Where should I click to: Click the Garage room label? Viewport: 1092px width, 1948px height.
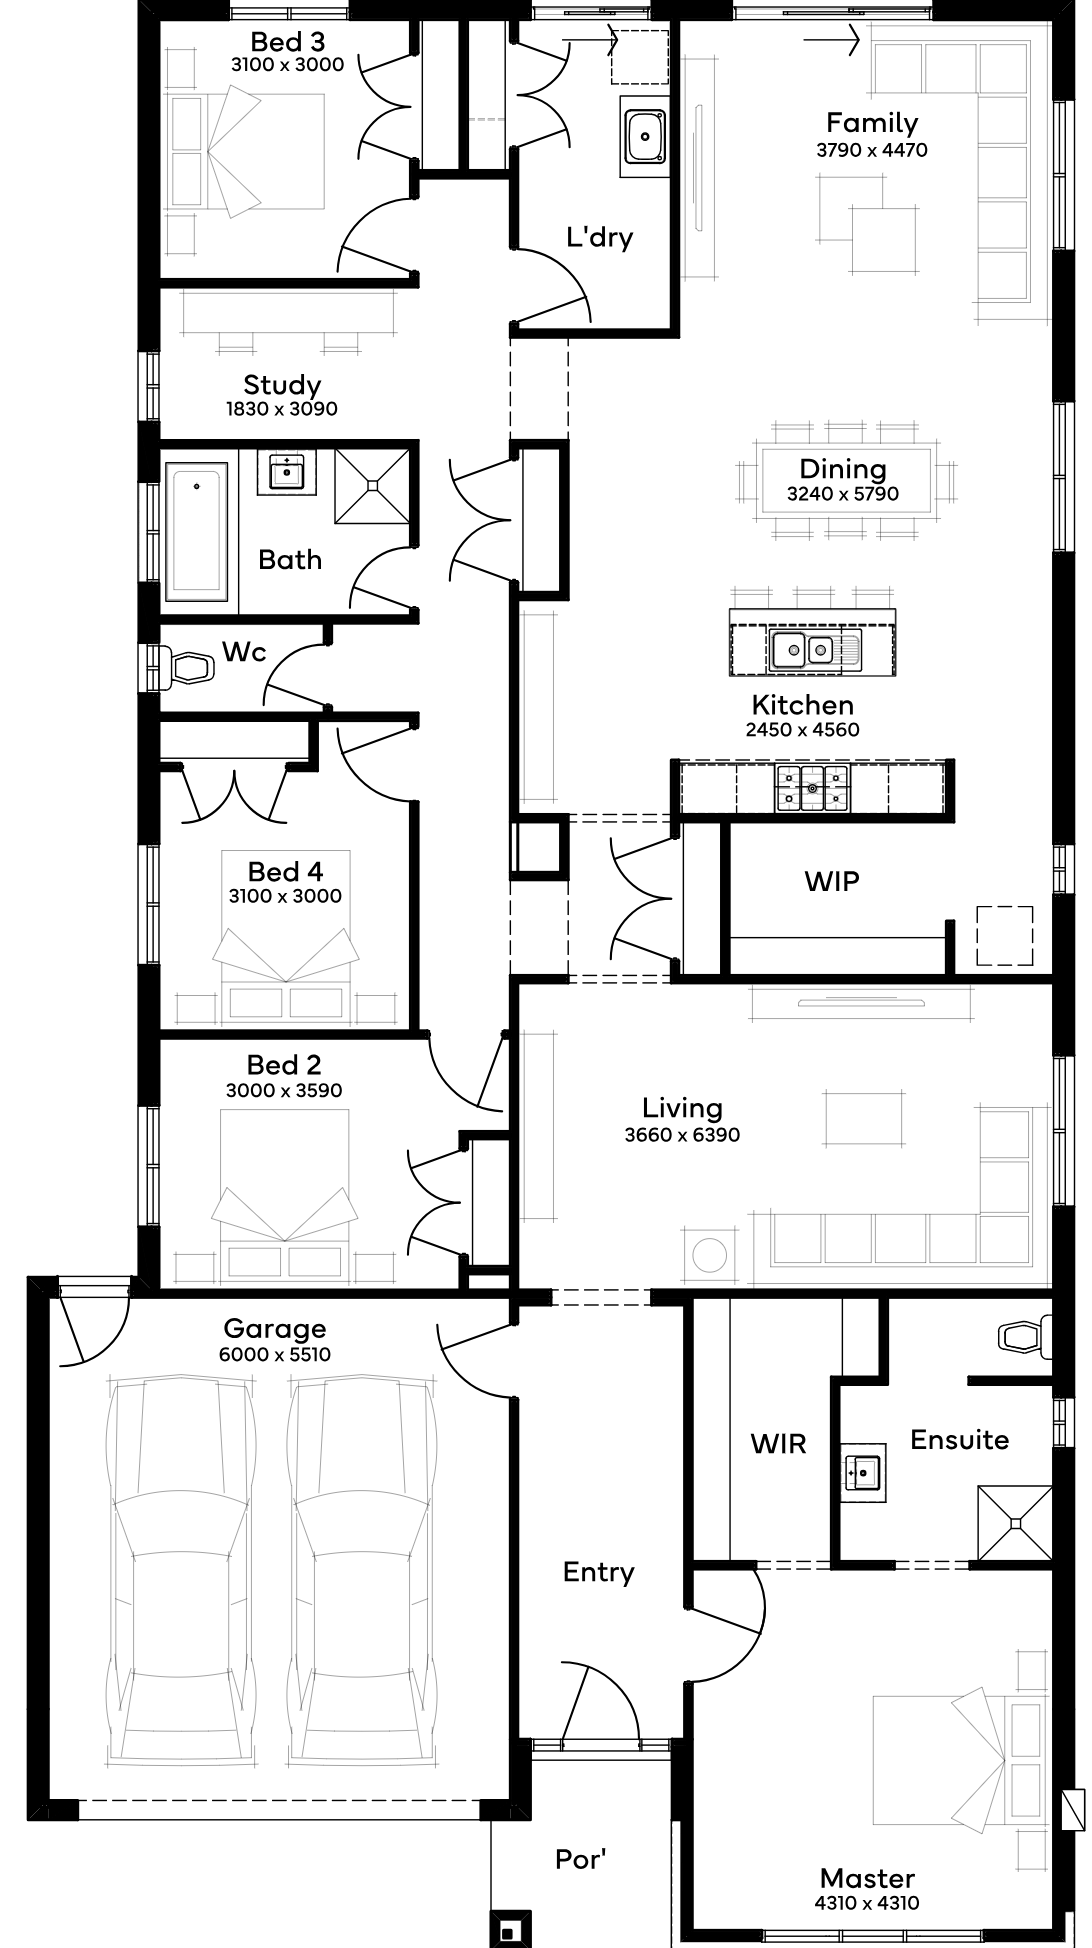274,1328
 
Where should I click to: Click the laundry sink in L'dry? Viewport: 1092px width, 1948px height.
645,136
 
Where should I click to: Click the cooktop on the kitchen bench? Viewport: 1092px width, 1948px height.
812,788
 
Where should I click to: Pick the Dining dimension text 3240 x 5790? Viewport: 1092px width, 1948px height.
843,494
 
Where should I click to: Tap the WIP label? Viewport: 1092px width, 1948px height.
832,881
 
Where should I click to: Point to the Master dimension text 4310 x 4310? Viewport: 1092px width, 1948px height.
867,1903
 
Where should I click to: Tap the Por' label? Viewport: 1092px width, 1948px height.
581,1859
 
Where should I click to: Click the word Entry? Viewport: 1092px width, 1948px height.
598,1572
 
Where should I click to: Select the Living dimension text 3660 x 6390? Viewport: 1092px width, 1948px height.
682,1135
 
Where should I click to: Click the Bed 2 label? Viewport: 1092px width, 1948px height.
284,1065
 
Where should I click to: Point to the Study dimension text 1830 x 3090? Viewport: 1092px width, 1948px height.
282,409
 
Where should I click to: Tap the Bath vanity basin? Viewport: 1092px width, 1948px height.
288,470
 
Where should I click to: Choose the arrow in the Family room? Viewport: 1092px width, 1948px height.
831,42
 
